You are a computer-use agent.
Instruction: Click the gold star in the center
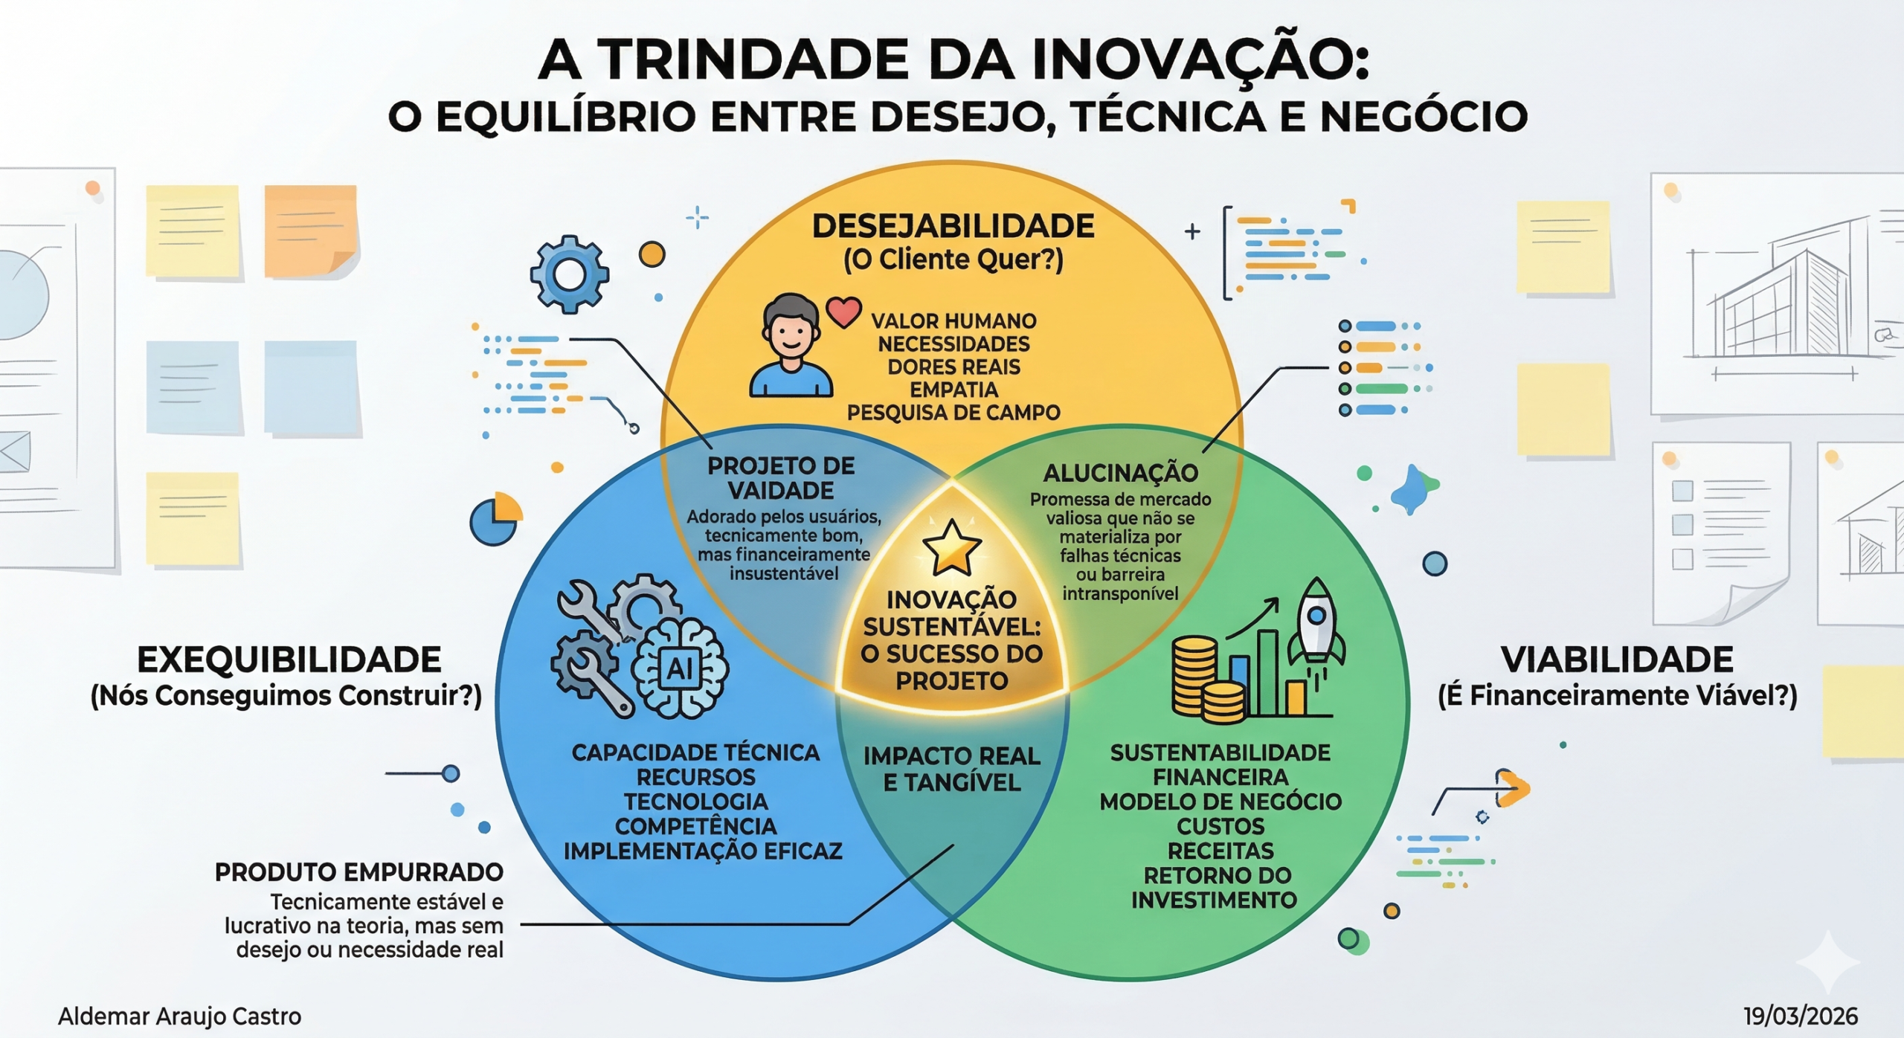951,548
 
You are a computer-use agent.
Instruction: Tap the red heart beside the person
843,312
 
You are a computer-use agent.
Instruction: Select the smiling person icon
791,346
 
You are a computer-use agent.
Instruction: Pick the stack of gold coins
1206,680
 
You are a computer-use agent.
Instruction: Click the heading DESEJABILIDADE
953,226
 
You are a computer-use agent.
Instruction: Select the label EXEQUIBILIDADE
289,660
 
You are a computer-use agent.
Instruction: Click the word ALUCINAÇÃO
1120,473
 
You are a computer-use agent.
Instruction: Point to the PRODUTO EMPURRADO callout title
358,872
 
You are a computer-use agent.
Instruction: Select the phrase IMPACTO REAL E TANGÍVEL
951,769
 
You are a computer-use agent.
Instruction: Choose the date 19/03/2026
1800,1016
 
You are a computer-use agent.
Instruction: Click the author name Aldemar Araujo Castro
179,1016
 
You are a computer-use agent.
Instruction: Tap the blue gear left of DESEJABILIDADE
570,274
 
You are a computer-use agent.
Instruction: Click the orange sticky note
311,231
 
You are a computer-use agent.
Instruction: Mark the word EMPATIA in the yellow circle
953,390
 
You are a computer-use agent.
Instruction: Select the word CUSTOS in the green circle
1220,826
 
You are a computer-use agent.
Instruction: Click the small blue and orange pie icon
495,519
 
